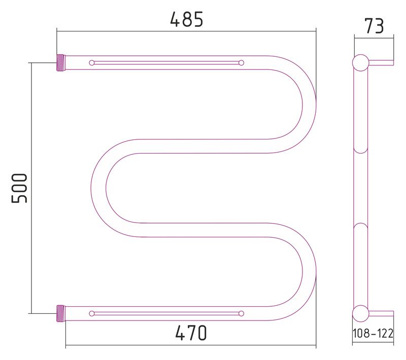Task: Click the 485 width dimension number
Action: point(187,19)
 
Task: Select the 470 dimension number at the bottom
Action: point(191,333)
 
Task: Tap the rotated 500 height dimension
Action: point(19,188)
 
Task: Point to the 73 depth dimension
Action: point(374,26)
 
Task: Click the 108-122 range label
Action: point(373,333)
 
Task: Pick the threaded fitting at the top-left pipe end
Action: point(60,62)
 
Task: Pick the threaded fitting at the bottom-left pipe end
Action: point(60,313)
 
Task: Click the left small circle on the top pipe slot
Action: point(92,62)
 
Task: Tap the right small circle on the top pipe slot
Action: point(242,62)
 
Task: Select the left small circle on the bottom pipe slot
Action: point(92,313)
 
